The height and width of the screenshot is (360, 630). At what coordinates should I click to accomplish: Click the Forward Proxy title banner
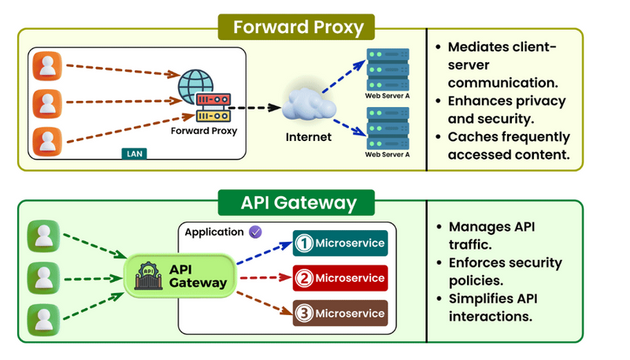[296, 27]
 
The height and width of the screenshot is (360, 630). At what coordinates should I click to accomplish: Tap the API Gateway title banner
[296, 202]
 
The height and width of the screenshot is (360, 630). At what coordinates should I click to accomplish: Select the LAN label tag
[134, 154]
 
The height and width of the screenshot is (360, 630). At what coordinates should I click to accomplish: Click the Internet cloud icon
[309, 105]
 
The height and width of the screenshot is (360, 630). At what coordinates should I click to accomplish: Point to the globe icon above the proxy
[195, 85]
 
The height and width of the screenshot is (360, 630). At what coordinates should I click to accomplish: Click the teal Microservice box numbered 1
[340, 243]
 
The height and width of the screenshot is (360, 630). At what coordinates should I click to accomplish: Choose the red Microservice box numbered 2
[340, 278]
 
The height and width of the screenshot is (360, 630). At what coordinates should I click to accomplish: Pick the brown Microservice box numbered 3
[340, 313]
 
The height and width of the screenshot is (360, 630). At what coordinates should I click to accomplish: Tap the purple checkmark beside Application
[255, 232]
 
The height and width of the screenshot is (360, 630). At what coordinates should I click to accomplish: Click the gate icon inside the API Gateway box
[148, 276]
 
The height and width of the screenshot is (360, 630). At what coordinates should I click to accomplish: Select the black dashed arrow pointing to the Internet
[254, 108]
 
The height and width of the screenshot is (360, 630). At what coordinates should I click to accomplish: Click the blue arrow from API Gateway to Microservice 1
[265, 253]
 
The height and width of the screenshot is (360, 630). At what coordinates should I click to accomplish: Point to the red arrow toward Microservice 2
[265, 277]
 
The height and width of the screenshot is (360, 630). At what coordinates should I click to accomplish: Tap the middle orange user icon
[47, 104]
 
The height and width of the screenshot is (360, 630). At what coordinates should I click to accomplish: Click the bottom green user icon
[43, 320]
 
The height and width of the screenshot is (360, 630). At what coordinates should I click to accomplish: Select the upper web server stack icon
[387, 69]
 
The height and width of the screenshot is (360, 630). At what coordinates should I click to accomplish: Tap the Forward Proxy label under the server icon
[204, 131]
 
